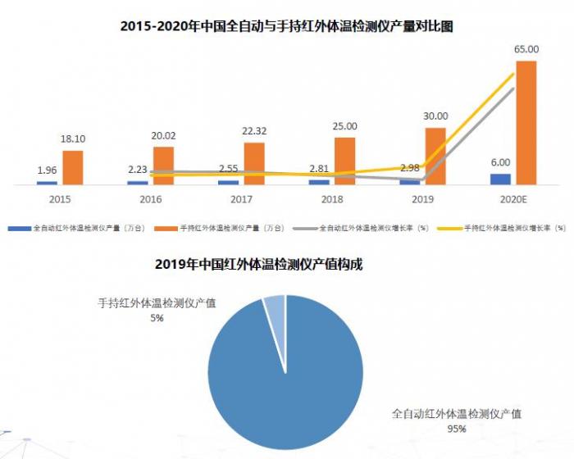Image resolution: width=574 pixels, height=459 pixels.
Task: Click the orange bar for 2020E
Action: coord(526,123)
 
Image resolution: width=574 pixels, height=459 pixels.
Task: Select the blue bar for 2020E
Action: coord(500,179)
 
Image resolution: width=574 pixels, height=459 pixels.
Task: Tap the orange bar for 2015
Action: coord(73,167)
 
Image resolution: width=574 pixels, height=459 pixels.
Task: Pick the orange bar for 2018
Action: coord(345,161)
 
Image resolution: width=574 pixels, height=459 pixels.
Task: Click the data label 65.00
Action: coord(526,49)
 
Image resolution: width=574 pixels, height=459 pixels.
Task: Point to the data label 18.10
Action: coord(73,139)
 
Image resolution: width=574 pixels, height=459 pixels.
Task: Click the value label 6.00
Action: coord(500,162)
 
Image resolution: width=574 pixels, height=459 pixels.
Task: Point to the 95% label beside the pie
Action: coord(457,429)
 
